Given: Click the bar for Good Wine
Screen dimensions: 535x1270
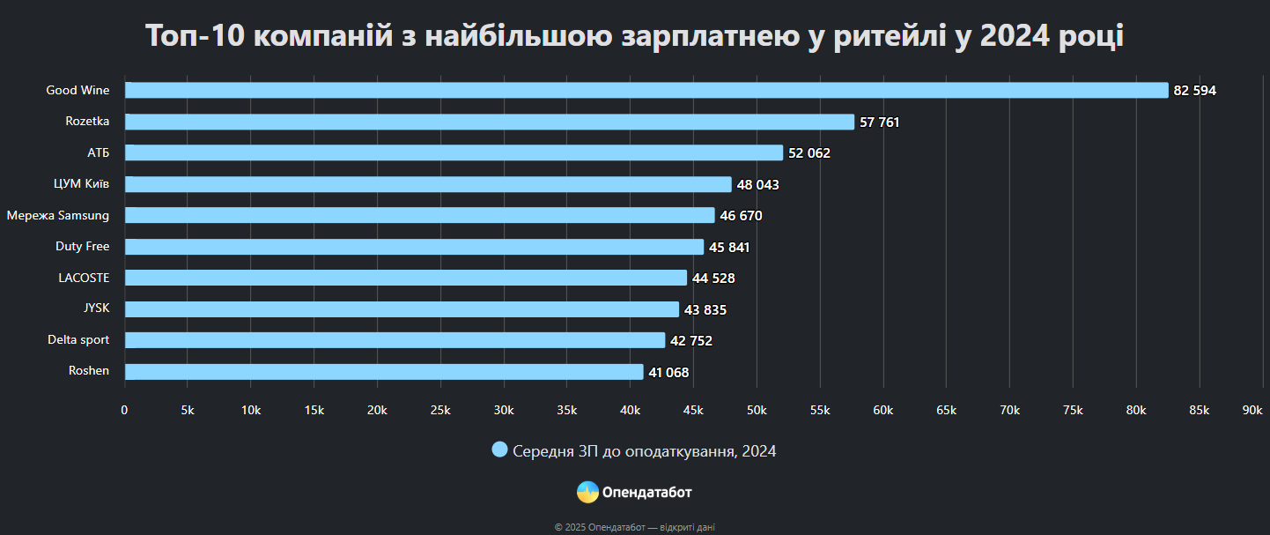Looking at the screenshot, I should [646, 90].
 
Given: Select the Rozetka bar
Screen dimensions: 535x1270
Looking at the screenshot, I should [490, 122].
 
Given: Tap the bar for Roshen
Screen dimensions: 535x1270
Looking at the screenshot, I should [384, 372].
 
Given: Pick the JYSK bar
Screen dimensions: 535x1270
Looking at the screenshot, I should [402, 309].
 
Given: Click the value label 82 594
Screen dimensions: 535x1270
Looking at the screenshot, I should [1195, 91].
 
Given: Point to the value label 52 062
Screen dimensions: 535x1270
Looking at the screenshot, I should [809, 153].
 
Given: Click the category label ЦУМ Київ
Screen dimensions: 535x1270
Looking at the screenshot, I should [82, 184].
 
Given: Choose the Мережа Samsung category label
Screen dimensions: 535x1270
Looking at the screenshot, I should [58, 215].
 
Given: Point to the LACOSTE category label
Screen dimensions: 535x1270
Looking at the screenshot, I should [84, 278].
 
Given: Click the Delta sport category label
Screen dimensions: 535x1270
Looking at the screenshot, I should [78, 339].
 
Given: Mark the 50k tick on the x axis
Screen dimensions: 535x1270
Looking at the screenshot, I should [757, 410].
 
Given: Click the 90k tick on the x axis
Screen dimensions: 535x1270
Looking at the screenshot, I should [1252, 410].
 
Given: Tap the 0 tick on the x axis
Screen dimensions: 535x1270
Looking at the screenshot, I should [124, 410].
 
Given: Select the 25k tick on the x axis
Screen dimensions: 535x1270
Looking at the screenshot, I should [440, 410].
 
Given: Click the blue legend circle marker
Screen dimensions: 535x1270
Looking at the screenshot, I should [499, 450].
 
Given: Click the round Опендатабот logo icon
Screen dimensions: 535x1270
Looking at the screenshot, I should [587, 492].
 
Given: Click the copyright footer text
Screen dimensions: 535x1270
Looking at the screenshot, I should [635, 527].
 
